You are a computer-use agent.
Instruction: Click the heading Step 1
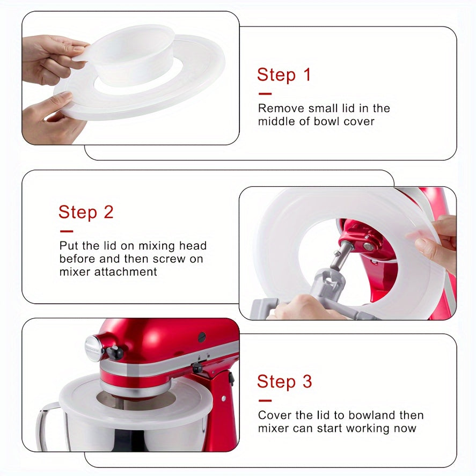click(x=284, y=75)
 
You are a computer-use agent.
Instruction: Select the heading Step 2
click(x=86, y=212)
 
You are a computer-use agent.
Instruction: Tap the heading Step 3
click(x=284, y=382)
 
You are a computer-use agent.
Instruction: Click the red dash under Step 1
click(x=265, y=94)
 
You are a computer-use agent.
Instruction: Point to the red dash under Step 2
click(x=66, y=231)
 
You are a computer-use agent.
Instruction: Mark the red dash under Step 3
click(x=265, y=400)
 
